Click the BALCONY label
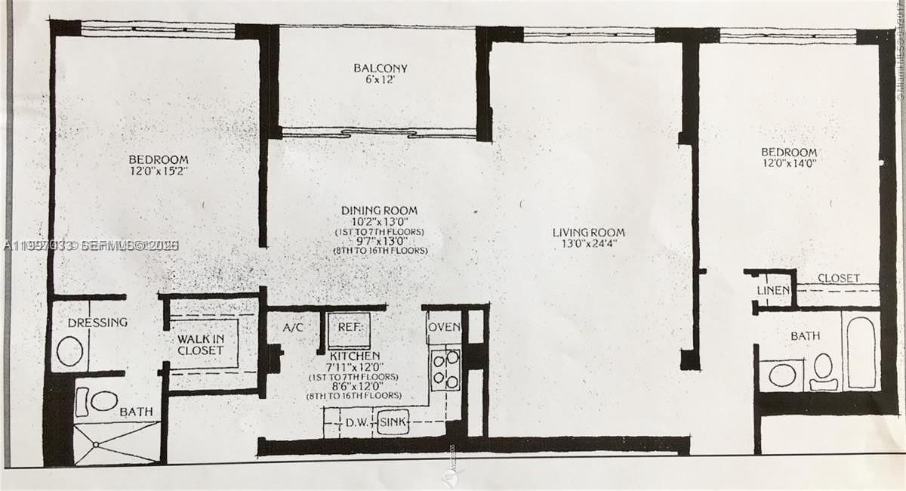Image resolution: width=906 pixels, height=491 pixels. [x=380, y=68]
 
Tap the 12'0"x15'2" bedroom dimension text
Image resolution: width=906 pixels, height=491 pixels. [x=158, y=171]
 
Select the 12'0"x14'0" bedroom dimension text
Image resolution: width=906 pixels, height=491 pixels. [x=789, y=163]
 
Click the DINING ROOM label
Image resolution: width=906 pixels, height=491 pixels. [x=379, y=210]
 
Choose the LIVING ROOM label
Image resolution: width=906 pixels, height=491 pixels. [x=588, y=232]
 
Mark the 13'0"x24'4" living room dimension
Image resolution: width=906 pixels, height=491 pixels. [x=588, y=245]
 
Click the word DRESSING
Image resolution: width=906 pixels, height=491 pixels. [x=97, y=323]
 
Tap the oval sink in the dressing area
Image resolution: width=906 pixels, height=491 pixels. [x=70, y=351]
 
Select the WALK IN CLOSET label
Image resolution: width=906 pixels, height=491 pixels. [x=200, y=344]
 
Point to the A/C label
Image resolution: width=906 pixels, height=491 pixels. [x=293, y=328]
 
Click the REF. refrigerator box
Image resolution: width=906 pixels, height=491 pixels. [x=349, y=328]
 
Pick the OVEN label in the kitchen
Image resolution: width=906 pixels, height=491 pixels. [x=443, y=328]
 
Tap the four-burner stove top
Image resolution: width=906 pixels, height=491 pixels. [x=445, y=369]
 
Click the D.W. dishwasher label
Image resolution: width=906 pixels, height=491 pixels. [x=356, y=422]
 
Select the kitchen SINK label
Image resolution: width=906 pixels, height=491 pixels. [x=393, y=422]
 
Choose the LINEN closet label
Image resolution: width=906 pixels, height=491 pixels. [x=773, y=290]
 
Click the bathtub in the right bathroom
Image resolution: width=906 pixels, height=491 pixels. [x=861, y=351]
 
